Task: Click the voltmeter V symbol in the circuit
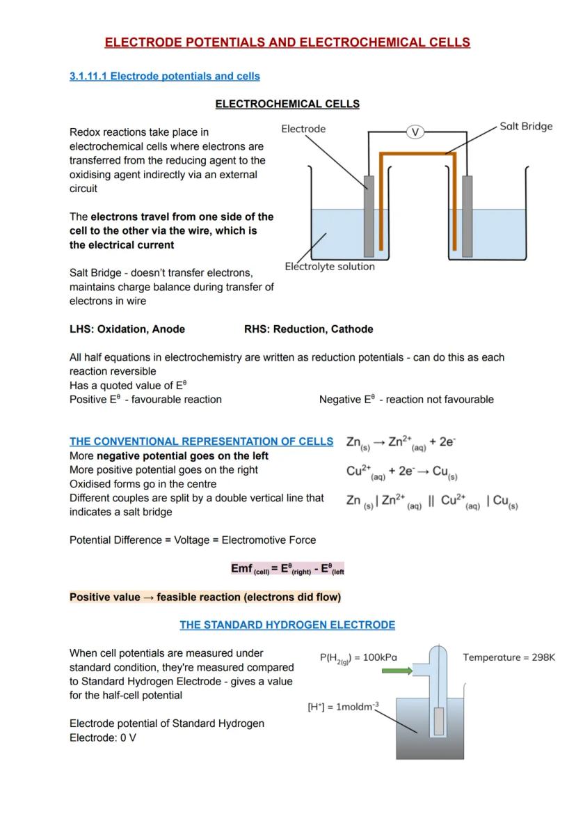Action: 415,132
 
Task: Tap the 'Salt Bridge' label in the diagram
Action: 526,126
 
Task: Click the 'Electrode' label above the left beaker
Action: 303,129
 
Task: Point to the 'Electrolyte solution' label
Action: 330,267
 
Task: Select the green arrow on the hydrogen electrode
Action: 397,671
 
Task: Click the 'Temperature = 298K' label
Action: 509,657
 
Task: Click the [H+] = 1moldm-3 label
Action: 343,707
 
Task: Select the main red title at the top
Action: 287,42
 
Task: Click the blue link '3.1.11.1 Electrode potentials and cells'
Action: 165,76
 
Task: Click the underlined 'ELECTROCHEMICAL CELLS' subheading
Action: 287,104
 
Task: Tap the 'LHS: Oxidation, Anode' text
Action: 127,329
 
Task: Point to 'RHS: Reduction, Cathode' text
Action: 308,329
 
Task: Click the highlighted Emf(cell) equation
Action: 287,569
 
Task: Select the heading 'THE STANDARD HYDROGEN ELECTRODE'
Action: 287,625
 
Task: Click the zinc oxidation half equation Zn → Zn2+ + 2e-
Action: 401,443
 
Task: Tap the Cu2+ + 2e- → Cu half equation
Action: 402,472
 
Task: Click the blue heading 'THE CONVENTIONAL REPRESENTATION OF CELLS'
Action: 201,441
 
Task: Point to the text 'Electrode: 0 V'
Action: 103,737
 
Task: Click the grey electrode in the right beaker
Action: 467,216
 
